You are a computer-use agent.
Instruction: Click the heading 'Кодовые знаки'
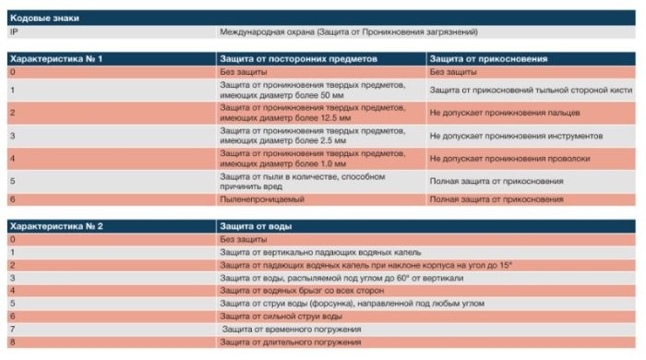39,17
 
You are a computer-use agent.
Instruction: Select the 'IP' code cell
14,31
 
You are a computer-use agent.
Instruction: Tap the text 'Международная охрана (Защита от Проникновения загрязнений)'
348,31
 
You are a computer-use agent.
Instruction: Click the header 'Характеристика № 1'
54,58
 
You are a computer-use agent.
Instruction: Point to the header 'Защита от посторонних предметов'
293,58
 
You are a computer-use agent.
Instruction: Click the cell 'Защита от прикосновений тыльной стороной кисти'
530,90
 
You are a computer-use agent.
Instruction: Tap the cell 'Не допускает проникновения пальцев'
504,113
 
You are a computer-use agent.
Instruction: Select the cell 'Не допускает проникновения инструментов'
516,136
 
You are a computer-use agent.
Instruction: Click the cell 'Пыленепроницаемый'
262,198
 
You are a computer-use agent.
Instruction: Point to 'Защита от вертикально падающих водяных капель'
319,251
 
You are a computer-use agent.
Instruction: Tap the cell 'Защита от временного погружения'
291,329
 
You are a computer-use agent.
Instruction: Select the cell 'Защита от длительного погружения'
291,342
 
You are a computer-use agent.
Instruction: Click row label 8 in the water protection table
12,342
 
